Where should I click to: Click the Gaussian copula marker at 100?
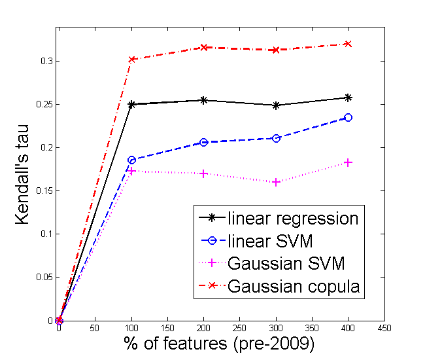click(x=131, y=59)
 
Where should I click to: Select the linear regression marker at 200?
click(x=204, y=100)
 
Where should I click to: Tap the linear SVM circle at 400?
click(x=348, y=118)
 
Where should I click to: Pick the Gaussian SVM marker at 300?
click(x=276, y=182)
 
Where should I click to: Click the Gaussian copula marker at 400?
click(x=348, y=44)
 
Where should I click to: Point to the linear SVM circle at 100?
click(x=131, y=160)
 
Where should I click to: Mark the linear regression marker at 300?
click(x=276, y=105)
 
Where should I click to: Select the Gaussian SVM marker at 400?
click(x=348, y=162)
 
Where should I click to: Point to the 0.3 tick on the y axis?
click(x=47, y=61)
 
